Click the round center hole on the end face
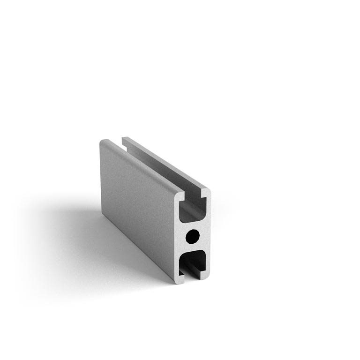click(x=192, y=236)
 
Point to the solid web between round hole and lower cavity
click(x=193, y=247)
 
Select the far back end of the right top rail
click(x=125, y=139)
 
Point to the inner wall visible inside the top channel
click(x=159, y=169)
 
